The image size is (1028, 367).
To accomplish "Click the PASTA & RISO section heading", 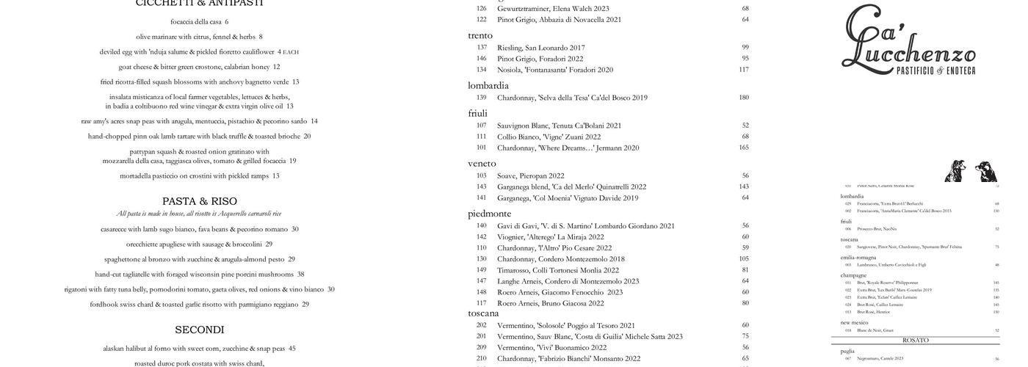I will coord(199,201).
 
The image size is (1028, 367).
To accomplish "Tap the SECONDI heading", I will coord(199,330).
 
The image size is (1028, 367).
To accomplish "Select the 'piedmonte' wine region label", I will coord(489,214).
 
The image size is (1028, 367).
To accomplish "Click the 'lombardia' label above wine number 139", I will coord(488,86).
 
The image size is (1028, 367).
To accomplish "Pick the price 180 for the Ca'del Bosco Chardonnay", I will coord(743,98).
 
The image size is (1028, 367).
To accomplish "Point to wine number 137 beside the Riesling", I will coord(481,48).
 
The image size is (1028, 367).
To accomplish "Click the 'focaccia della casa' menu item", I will coord(199,22).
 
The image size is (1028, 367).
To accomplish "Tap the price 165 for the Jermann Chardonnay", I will coord(743,148).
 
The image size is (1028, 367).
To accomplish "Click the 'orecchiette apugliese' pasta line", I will coord(199,244).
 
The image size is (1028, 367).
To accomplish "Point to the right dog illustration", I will coord(985,171).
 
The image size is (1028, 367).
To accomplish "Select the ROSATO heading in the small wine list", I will coord(915,341).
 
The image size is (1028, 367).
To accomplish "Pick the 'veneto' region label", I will coord(482,164).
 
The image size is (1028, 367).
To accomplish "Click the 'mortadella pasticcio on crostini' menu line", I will coord(199,176).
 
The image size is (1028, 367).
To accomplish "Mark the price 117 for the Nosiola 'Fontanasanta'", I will coord(743,70).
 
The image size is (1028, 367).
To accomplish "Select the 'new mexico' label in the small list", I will coord(854,323).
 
